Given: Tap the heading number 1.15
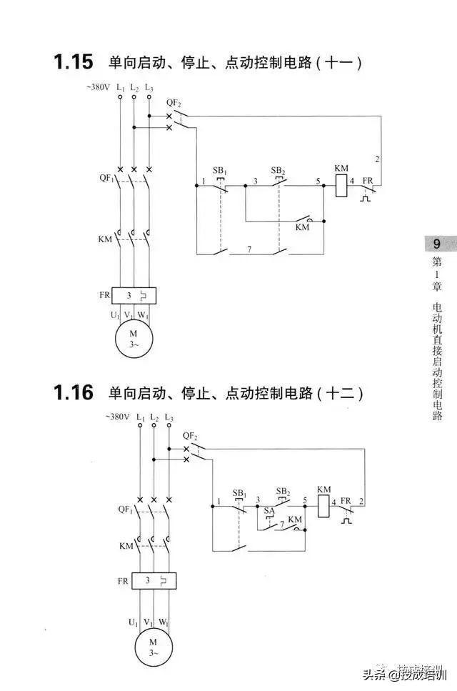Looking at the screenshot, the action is tap(73, 61).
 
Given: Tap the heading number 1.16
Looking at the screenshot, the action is tap(73, 392).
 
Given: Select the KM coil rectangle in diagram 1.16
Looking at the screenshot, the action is tap(323, 506).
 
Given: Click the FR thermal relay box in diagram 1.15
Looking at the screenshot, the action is tap(134, 296).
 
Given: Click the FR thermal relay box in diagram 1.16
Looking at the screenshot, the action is tap(154, 581).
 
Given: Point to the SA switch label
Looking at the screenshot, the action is tap(269, 511).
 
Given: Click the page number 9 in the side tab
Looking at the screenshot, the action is tap(436, 244).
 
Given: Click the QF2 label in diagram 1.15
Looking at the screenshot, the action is tap(174, 103).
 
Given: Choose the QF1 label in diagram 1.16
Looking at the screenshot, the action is tap(125, 510).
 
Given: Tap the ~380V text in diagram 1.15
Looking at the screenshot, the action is tap(98, 86).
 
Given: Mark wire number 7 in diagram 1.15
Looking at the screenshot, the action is tap(249, 249).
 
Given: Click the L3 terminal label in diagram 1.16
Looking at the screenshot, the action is tap(169, 417).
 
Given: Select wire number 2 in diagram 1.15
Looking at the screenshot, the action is tap(377, 159).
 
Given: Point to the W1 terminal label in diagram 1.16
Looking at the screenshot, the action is tap(164, 622).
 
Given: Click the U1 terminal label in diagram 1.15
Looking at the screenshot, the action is tap(115, 316).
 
